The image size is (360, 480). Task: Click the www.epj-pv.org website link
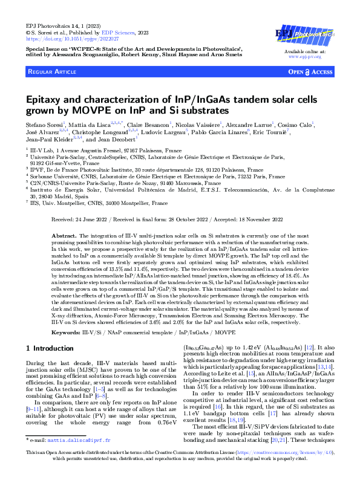pyautogui.click(x=304, y=56)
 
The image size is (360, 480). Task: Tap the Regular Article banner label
pyautogui.click(x=51, y=72)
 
